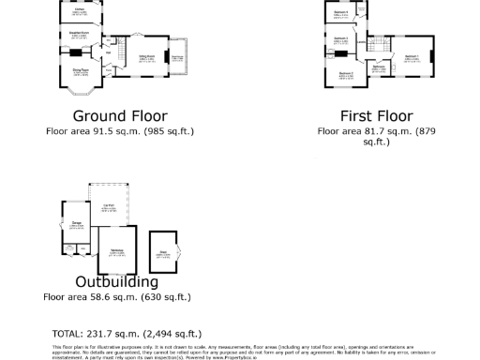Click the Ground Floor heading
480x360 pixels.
[119, 116]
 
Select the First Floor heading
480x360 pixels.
[376, 116]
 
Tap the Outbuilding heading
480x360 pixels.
[117, 281]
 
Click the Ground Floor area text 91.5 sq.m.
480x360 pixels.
[119, 131]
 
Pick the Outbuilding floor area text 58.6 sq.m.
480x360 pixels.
[117, 296]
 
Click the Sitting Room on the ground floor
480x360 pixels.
[147, 58]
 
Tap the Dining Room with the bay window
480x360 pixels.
[82, 71]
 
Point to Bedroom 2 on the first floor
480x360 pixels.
[345, 73]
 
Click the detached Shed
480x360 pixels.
[163, 251]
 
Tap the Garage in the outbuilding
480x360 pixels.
[76, 224]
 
